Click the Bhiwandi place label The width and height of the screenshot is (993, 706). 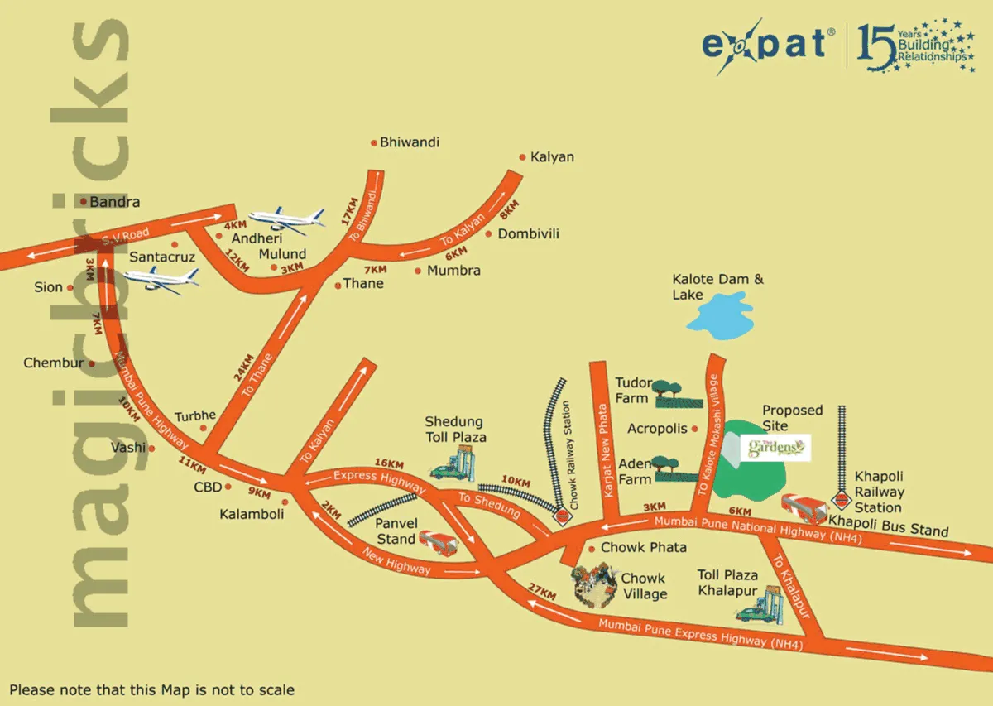click(410, 142)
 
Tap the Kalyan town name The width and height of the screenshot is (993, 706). click(552, 156)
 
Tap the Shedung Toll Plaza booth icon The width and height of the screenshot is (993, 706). click(457, 464)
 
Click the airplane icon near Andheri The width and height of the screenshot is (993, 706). click(286, 220)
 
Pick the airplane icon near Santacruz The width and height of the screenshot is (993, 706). click(161, 279)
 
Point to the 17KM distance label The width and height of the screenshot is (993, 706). click(349, 207)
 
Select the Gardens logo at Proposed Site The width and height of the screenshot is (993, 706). click(775, 449)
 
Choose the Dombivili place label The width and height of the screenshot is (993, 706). click(528, 234)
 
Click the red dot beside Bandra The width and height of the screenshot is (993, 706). click(84, 201)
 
